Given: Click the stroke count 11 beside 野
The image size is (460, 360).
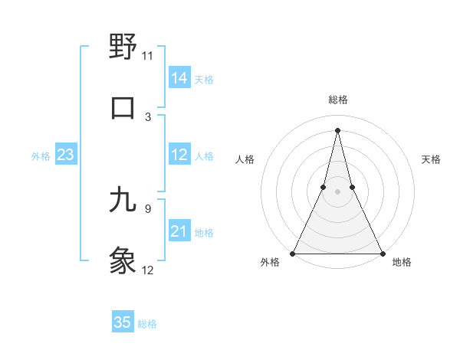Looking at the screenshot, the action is [x=147, y=56].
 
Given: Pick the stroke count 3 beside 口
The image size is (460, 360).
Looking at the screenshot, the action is [x=147, y=116].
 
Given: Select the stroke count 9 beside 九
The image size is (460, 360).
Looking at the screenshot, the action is [x=147, y=208].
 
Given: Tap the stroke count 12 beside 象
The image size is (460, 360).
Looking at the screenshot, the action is [x=147, y=270].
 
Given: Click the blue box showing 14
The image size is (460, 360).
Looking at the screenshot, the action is [x=179, y=77].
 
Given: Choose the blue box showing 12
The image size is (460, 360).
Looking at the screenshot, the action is [x=179, y=155].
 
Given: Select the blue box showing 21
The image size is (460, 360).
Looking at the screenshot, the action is [x=179, y=231].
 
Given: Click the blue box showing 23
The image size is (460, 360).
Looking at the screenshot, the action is [x=66, y=155].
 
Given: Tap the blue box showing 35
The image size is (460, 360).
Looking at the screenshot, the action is [x=123, y=322].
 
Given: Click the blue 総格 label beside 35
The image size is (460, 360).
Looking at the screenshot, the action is [x=147, y=324].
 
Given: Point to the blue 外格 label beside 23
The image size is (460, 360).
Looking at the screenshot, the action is [x=41, y=156].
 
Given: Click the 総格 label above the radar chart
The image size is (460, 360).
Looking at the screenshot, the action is [x=337, y=100].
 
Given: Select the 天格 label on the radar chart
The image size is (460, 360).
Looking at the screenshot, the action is [x=432, y=159].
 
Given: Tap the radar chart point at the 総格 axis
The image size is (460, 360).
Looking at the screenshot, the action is [x=337, y=129].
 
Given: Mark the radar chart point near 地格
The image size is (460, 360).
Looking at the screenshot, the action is [x=381, y=253].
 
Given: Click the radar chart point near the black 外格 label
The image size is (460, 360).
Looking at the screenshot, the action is [x=293, y=253].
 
